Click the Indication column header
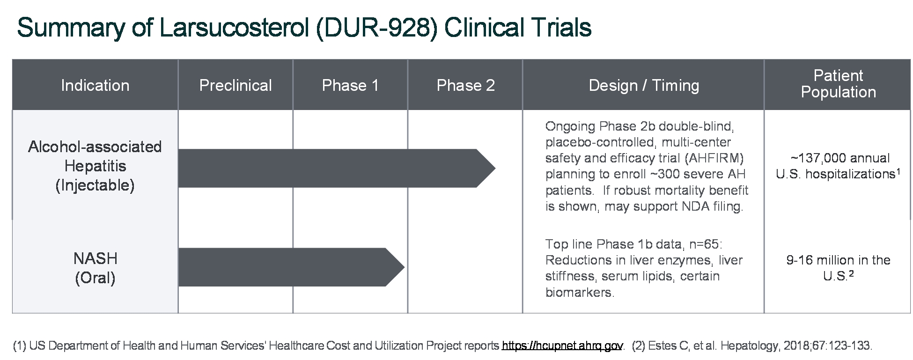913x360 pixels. coord(95,86)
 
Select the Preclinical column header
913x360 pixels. coord(236,86)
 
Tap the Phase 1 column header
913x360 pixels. coord(350,86)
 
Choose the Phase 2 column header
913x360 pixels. coord(465,86)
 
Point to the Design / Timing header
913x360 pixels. coord(644,86)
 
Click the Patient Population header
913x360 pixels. coord(838,84)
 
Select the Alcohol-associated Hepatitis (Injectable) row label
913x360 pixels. coord(95,166)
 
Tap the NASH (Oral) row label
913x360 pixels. coord(95,268)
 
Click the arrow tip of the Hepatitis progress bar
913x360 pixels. coord(495,169)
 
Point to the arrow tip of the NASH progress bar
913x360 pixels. coord(404,267)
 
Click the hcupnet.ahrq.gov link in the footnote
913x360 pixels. coord(562,346)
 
